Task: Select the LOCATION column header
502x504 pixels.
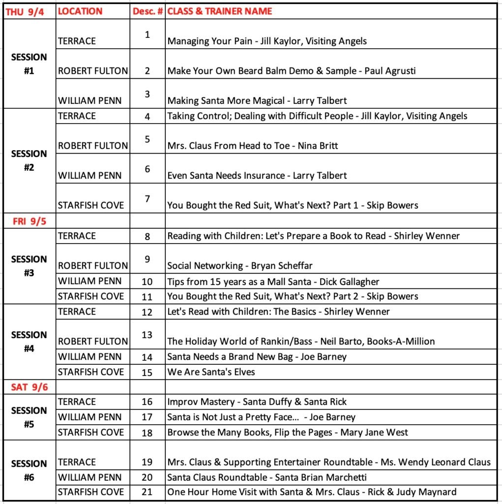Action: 80,11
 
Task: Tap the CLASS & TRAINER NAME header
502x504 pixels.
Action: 220,11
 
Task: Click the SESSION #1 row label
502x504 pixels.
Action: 29,63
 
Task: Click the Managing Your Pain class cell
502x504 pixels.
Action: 267,41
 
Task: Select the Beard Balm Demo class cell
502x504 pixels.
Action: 291,71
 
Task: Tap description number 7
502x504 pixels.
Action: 148,199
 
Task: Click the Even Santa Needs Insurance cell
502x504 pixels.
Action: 257,176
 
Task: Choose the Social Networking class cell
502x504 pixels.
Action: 239,266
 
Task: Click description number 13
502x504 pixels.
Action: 148,335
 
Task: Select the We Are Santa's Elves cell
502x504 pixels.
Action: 211,372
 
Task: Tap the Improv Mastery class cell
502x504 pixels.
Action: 257,402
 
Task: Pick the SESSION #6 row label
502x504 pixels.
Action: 29,470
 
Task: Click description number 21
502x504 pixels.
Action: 148,492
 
